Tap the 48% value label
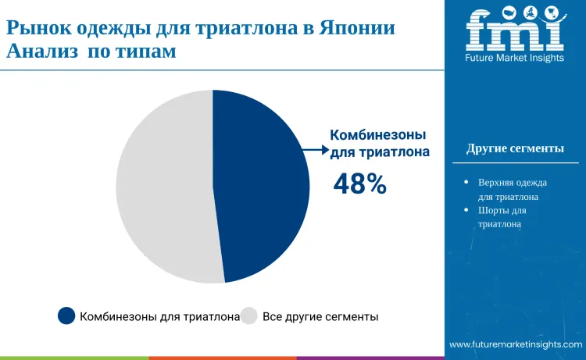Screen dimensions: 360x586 359,184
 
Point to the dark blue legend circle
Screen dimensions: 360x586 66,315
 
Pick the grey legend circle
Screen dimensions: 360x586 249,315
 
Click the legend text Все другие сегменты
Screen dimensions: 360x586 320,316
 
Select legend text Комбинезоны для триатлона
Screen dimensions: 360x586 159,316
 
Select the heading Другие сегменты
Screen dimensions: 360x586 515,148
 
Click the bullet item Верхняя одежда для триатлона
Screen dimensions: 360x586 512,189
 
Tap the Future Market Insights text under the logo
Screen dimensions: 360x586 514,57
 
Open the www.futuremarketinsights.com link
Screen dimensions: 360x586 516,344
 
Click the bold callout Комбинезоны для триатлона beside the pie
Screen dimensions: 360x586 380,142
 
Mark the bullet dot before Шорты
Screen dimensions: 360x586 466,210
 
